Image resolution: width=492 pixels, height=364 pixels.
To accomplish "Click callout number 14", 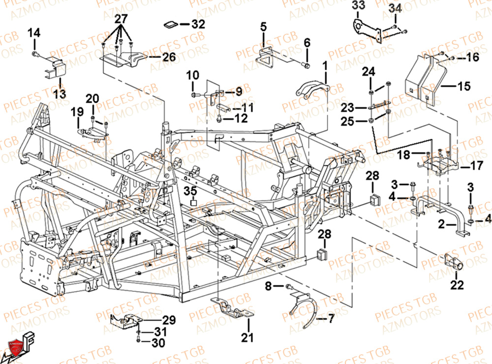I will [34, 33].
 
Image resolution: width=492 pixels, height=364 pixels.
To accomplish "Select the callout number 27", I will [121, 20].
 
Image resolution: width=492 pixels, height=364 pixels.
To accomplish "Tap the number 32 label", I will [198, 24].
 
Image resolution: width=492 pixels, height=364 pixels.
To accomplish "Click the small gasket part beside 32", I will [171, 24].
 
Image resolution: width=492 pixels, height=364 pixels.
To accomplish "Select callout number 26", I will [169, 57].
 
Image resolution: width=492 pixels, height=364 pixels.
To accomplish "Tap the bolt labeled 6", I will [306, 64].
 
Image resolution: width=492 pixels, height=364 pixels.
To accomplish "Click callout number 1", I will [325, 64].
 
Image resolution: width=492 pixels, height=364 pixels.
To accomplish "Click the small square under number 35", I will [193, 202].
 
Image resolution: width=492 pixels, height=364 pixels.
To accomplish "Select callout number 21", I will [248, 337].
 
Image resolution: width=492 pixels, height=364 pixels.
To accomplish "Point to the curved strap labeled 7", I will [302, 310].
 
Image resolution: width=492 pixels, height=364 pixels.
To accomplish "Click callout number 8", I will [268, 286].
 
